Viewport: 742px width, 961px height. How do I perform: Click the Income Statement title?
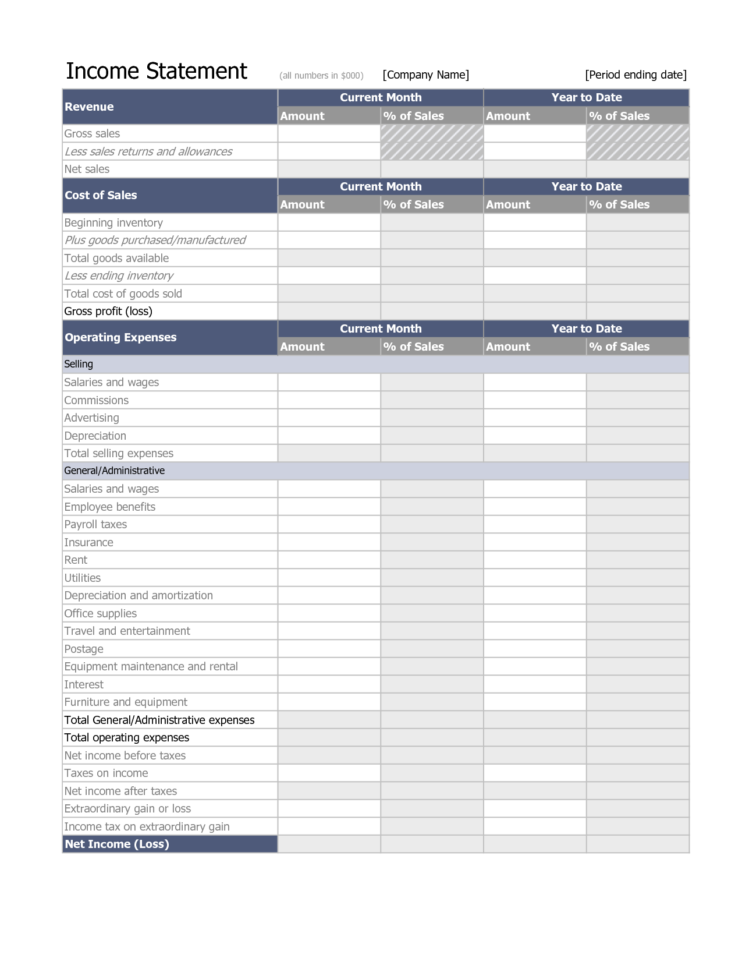pos(156,71)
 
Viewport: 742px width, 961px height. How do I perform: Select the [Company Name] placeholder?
pos(425,75)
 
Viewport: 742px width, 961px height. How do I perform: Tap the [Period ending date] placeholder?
pos(636,75)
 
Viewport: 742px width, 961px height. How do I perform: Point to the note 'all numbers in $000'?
pos(321,76)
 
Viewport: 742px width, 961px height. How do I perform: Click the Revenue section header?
pos(89,107)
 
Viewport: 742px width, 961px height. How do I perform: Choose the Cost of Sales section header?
pos(101,195)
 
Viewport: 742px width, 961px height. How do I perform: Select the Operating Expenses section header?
pos(120,337)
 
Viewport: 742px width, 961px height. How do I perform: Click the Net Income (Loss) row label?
pos(117,844)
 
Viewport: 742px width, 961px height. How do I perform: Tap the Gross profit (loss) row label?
pos(108,311)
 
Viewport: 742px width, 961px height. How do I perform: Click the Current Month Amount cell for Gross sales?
pos(329,133)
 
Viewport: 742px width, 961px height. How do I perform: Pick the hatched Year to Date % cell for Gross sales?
pos(637,133)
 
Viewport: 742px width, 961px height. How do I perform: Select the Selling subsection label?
pos(79,364)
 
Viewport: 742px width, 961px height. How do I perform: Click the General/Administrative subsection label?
pos(114,471)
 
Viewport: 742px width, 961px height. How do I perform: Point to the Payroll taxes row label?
pos(95,524)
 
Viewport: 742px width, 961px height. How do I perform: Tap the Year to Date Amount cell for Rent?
pos(534,560)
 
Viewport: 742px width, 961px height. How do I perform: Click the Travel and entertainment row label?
pos(127,631)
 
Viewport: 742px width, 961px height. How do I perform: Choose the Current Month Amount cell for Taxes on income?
pos(329,773)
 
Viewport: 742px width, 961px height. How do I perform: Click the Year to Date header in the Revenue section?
pos(586,97)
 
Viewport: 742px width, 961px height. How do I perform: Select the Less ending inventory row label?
pos(119,275)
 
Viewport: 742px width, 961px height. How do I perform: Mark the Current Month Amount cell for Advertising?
pos(329,418)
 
